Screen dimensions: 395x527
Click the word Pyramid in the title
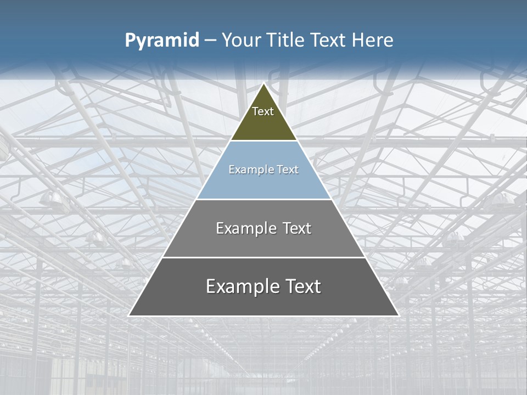(x=162, y=41)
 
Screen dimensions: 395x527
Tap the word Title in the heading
(x=288, y=40)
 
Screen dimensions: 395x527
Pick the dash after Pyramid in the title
(x=210, y=41)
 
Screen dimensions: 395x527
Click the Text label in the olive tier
(x=263, y=111)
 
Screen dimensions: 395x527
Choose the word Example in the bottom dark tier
(x=239, y=286)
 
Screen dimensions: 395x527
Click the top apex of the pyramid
(x=264, y=84)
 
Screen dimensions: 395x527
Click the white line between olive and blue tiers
(x=264, y=141)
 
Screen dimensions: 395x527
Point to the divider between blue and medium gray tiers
(x=264, y=199)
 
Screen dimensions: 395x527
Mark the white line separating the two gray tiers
(x=264, y=257)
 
